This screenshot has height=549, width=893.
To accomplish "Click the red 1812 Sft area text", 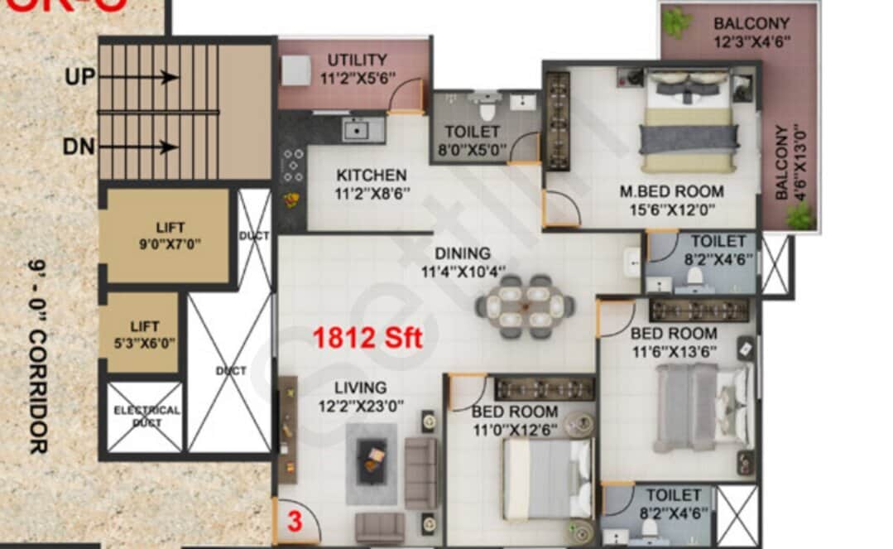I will [x=367, y=338].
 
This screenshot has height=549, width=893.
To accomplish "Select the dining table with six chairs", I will [x=525, y=306].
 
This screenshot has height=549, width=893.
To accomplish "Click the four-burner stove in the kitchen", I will [x=292, y=165].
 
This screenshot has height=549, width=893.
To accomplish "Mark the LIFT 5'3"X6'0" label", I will [x=145, y=334].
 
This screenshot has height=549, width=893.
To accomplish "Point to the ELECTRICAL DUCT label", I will [x=146, y=416].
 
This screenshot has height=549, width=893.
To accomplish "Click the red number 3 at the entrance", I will [x=294, y=523].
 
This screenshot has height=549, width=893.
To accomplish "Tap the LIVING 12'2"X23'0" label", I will [x=360, y=396].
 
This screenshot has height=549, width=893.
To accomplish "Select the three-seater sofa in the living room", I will [x=420, y=473].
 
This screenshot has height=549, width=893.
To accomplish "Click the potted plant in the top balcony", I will [x=676, y=22].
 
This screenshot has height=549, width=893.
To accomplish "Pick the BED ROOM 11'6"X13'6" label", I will [x=673, y=341].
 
